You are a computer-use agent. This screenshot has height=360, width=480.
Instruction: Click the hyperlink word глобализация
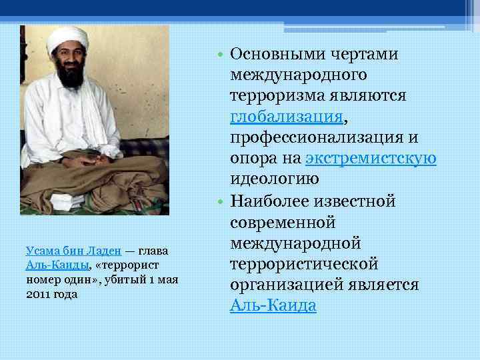[x=287, y=117]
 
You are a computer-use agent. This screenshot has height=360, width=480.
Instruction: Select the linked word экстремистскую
[x=371, y=159]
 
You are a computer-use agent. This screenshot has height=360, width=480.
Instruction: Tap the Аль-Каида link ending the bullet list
[x=273, y=305]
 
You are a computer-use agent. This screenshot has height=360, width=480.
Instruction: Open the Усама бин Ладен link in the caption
[x=73, y=251]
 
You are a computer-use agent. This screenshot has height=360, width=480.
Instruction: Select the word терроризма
[x=273, y=96]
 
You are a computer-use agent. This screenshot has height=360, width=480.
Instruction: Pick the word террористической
[x=304, y=263]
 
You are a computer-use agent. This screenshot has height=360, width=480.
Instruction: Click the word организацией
[x=277, y=285]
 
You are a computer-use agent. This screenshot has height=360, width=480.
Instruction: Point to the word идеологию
[x=274, y=179]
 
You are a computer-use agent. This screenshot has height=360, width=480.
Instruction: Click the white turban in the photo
[x=68, y=39]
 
